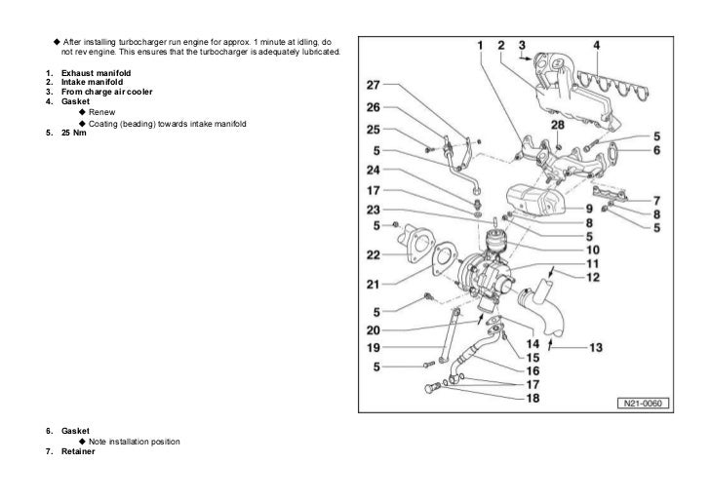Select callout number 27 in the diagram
pyautogui.click(x=374, y=84)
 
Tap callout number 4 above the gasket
pyautogui.click(x=597, y=46)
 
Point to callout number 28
pyautogui.click(x=557, y=126)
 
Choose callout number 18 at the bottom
pyautogui.click(x=532, y=399)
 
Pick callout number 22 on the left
pyautogui.click(x=374, y=254)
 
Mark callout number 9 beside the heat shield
pyautogui.click(x=589, y=209)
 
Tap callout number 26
pyautogui.click(x=374, y=107)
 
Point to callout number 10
pyautogui.click(x=593, y=250)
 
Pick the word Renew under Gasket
pyautogui.click(x=101, y=113)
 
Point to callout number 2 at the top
pyautogui.click(x=500, y=46)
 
